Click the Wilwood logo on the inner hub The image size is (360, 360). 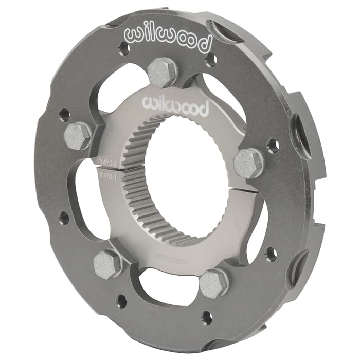coord(175,105)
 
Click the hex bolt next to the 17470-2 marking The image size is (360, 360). coord(77,136)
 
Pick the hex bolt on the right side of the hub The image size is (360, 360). coord(247,163)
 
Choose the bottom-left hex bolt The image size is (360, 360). coord(107,263)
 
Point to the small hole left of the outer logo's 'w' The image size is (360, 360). coord(123,49)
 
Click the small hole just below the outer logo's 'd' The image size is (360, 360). coord(210,60)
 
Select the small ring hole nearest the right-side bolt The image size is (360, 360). coord(273,146)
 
